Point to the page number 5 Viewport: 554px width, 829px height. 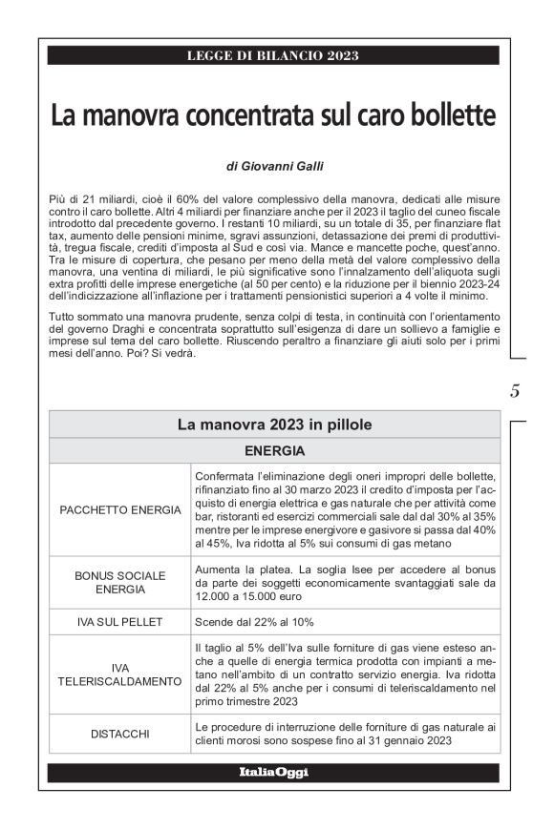[x=515, y=390]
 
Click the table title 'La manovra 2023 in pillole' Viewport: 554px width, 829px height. [x=274, y=425]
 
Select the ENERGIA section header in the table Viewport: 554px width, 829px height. [x=274, y=449]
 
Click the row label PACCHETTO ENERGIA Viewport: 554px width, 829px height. [x=119, y=509]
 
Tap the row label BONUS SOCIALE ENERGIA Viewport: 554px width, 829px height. [x=119, y=582]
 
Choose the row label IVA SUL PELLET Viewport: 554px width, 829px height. [x=119, y=621]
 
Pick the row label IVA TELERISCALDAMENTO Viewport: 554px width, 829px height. [x=119, y=675]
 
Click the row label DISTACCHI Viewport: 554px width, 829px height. [x=119, y=734]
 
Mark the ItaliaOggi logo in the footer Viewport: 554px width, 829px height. [x=273, y=771]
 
